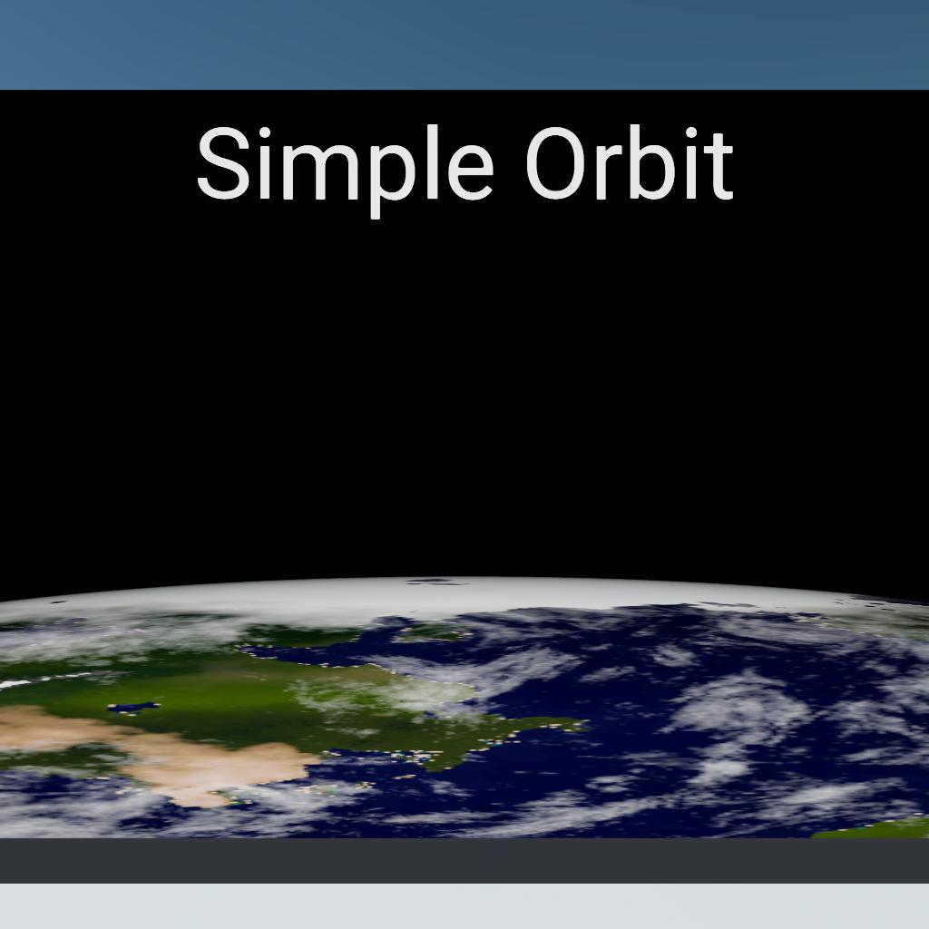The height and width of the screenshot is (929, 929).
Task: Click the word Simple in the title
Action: pyautogui.click(x=345, y=171)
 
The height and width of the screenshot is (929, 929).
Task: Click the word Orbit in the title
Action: pyautogui.click(x=630, y=162)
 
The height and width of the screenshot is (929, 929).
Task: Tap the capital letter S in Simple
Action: pyautogui.click(x=223, y=163)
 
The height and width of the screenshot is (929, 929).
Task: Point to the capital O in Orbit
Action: pyautogui.click(x=556, y=163)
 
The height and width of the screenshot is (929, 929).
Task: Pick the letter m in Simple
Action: pyautogui.click(x=320, y=171)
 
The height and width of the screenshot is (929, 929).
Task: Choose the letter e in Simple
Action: pyautogui.click(x=471, y=171)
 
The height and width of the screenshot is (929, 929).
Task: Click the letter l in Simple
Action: pyautogui.click(x=431, y=161)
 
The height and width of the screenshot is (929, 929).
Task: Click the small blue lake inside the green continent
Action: pyautogui.click(x=133, y=708)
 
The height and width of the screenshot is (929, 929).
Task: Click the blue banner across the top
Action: pyautogui.click(x=464, y=45)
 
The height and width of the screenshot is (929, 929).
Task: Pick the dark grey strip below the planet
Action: pyautogui.click(x=464, y=861)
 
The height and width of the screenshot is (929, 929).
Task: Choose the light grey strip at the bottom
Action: pyautogui.click(x=464, y=906)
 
